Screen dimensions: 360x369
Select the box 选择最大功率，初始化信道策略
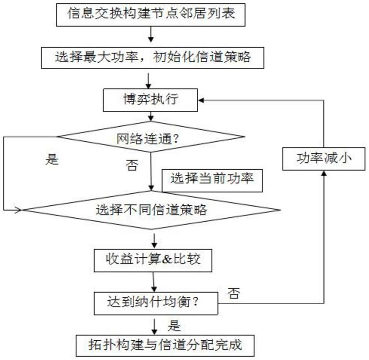(152, 58)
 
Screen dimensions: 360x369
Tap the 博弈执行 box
(151, 101)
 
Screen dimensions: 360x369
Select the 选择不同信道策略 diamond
(151, 210)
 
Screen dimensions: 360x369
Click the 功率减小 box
(324, 158)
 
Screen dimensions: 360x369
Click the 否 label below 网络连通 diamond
(131, 166)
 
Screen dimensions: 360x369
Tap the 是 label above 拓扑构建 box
(174, 326)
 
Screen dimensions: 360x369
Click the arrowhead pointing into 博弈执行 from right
(203, 100)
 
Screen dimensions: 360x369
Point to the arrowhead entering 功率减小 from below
(324, 173)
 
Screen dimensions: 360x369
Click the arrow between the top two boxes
(152, 36)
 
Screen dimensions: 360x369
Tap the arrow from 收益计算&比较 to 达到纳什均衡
(154, 282)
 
